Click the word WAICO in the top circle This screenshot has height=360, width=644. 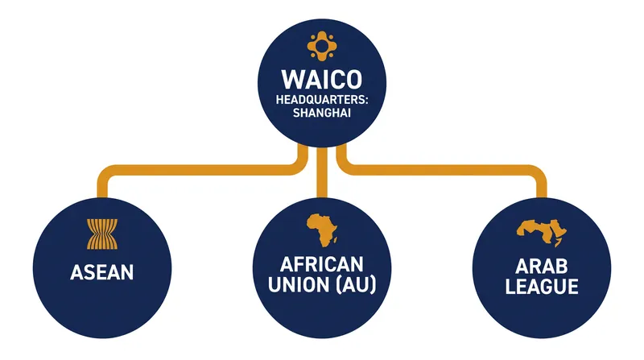click(x=322, y=79)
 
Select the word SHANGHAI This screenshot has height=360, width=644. click(x=322, y=113)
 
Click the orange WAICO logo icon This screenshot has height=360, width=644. click(x=322, y=46)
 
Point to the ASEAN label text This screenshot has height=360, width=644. click(x=102, y=272)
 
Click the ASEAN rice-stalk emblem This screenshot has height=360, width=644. click(x=102, y=234)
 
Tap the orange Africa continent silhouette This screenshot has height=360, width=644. click(x=322, y=230)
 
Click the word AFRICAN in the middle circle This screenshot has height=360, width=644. click(x=322, y=264)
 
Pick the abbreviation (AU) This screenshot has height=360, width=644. click(x=356, y=285)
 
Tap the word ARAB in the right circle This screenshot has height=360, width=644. click(x=542, y=267)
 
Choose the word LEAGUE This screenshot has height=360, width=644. click(x=542, y=287)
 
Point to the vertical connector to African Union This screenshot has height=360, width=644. click(x=322, y=172)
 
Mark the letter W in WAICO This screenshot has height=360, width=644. click(x=292, y=79)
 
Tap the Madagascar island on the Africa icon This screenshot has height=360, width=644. click(x=336, y=240)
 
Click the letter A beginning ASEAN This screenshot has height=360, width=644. click(x=76, y=272)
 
